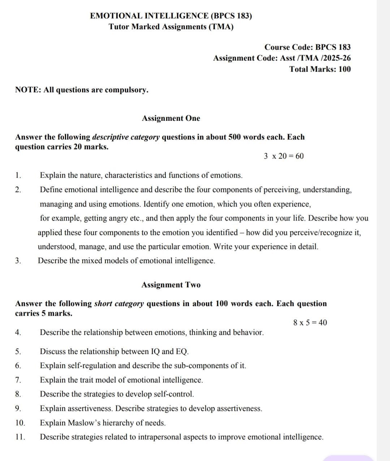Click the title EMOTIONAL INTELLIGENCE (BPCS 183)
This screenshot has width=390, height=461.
[x=171, y=16]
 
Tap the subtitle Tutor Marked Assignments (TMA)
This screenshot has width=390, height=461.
[x=171, y=27]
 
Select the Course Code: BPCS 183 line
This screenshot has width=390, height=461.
[x=307, y=47]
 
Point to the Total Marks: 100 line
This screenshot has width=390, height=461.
[x=320, y=69]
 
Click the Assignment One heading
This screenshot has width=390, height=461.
[x=171, y=119]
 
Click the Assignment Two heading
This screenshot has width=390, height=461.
[x=171, y=285]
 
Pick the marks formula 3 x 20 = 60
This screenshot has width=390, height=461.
[x=283, y=156]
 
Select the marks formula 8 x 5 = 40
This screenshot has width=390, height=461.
[x=310, y=323]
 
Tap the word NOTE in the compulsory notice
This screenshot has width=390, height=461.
[x=28, y=90]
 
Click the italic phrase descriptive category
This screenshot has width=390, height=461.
[x=126, y=137]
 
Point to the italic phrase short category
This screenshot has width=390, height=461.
[x=119, y=304]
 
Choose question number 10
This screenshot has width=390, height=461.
[x=20, y=423]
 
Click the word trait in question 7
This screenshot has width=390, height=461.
[x=92, y=380]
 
